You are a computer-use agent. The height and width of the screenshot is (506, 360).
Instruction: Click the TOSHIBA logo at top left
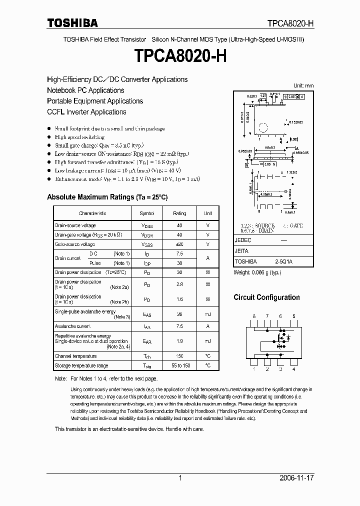[x=72, y=23]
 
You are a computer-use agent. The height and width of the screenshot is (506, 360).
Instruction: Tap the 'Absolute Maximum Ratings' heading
[x=107, y=197]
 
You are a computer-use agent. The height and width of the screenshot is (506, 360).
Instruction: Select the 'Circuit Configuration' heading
[x=266, y=297]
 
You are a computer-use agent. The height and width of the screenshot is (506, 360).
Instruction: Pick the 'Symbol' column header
[x=147, y=213]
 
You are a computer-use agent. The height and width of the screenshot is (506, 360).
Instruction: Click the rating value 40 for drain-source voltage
[x=179, y=225]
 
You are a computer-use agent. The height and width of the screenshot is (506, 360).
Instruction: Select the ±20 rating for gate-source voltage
[x=179, y=244]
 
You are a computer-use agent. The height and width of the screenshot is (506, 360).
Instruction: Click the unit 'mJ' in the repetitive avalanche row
[x=207, y=341]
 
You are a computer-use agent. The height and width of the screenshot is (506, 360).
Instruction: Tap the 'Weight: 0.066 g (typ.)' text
[x=258, y=273]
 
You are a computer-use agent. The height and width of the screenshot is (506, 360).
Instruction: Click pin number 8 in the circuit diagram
[x=254, y=316]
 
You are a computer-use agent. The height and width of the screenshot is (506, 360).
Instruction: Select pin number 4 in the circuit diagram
[x=293, y=369]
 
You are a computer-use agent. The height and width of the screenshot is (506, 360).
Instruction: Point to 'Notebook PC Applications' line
[x=85, y=90]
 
